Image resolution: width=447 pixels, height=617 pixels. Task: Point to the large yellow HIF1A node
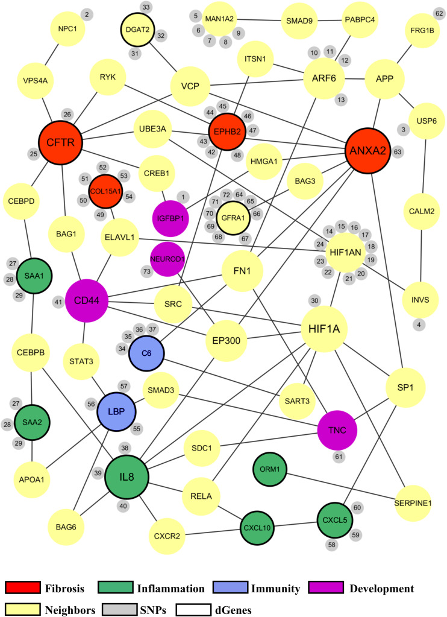coord(328,329)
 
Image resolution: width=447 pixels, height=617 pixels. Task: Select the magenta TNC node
coord(339,429)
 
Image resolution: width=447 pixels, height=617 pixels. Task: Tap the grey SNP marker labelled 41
coord(58,301)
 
